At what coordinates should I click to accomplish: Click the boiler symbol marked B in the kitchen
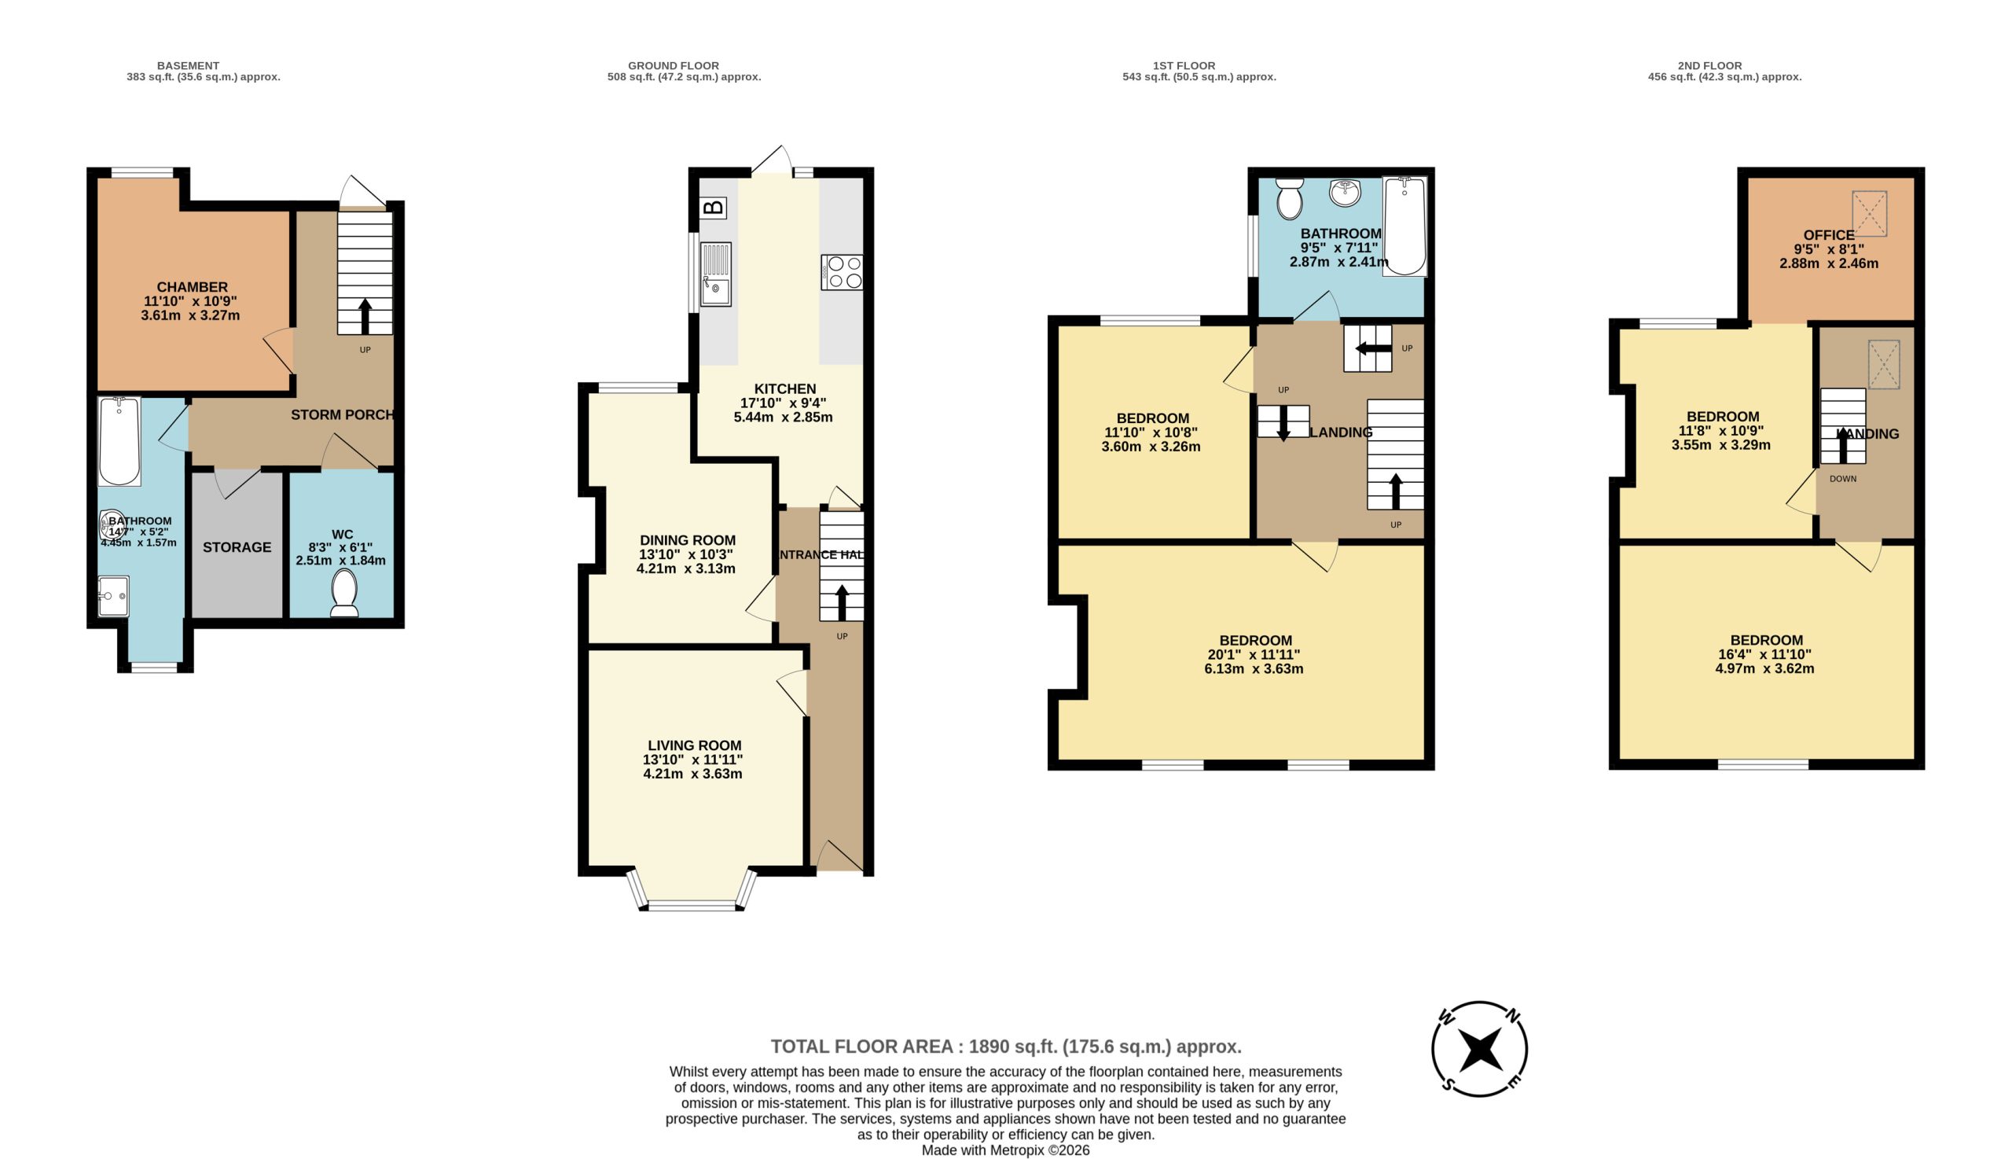[x=714, y=208]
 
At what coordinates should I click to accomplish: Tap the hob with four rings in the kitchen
[x=842, y=272]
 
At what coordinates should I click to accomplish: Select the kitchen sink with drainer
[x=715, y=274]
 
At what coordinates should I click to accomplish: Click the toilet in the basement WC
[x=344, y=593]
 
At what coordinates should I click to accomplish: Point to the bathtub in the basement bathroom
[x=119, y=441]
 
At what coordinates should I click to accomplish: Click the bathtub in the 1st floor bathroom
[x=1404, y=226]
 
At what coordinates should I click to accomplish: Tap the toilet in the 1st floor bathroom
[x=1289, y=198]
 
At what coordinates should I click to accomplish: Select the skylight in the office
[x=1870, y=213]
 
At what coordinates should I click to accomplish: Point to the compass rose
[x=1479, y=1048]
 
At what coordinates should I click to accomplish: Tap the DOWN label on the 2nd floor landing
[x=1843, y=479]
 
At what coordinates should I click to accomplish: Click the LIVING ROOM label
[x=695, y=746]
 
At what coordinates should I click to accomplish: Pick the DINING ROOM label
[x=688, y=540]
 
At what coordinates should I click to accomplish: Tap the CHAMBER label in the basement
[x=192, y=287]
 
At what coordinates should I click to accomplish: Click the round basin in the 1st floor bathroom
[x=1345, y=192]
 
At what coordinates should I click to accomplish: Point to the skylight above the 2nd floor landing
[x=1884, y=365]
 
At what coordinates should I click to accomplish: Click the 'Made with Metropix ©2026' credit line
[x=1005, y=1150]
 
